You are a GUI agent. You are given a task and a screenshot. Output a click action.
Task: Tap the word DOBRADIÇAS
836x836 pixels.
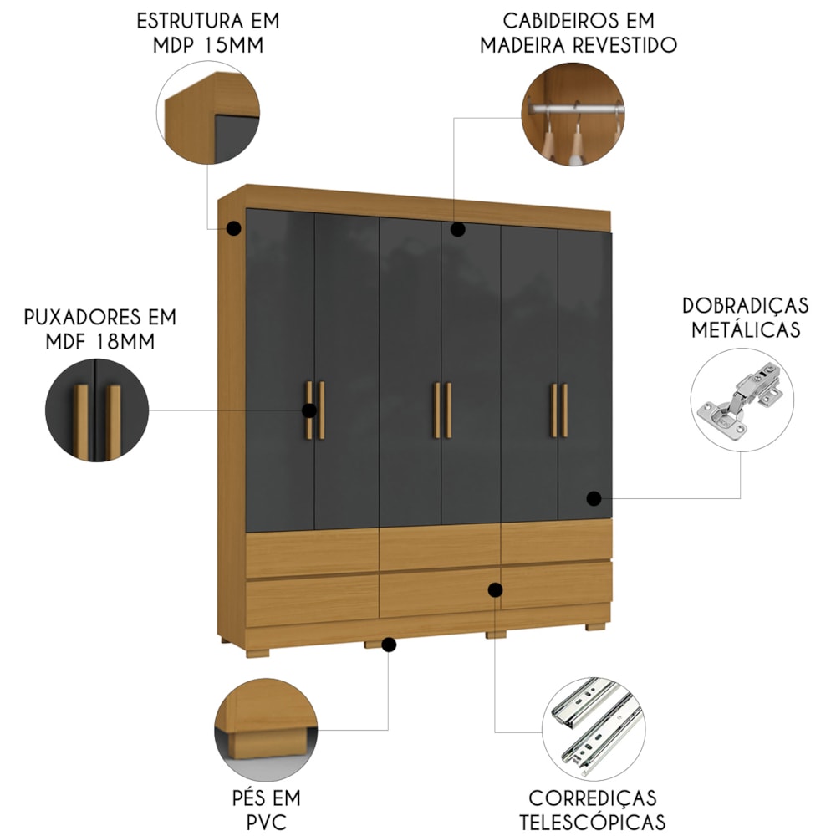pyautogui.click(x=746, y=305)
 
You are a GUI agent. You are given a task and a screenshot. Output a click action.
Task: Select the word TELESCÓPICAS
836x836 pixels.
pyautogui.click(x=593, y=822)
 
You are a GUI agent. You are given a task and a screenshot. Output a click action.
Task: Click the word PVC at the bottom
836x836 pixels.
pyautogui.click(x=267, y=822)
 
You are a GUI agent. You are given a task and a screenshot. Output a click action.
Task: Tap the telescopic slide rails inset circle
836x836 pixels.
pyautogui.click(x=594, y=729)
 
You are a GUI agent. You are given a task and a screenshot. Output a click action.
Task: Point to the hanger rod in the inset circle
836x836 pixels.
pyautogui.click(x=576, y=109)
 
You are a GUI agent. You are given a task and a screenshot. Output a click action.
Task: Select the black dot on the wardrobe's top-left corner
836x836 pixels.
pyautogui.click(x=233, y=229)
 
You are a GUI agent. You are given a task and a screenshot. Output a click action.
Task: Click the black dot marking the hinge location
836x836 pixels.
pyautogui.click(x=594, y=498)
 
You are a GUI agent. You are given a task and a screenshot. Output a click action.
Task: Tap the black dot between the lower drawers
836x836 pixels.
pyautogui.click(x=495, y=589)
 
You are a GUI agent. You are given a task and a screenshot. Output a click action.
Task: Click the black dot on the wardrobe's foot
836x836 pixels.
pyautogui.click(x=389, y=645)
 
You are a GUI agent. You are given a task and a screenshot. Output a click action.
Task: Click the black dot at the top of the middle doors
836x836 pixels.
pyautogui.click(x=457, y=229)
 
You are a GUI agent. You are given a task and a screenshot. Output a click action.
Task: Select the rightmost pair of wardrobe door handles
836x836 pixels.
pyautogui.click(x=559, y=410)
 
